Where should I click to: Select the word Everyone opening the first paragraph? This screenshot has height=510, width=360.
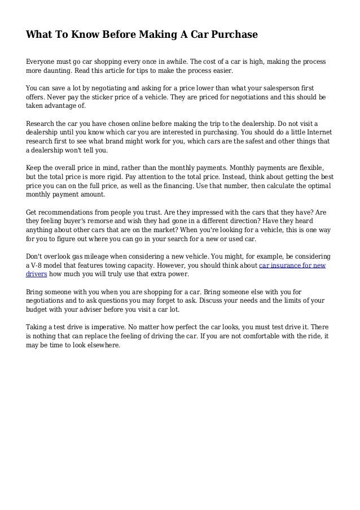(42, 61)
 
